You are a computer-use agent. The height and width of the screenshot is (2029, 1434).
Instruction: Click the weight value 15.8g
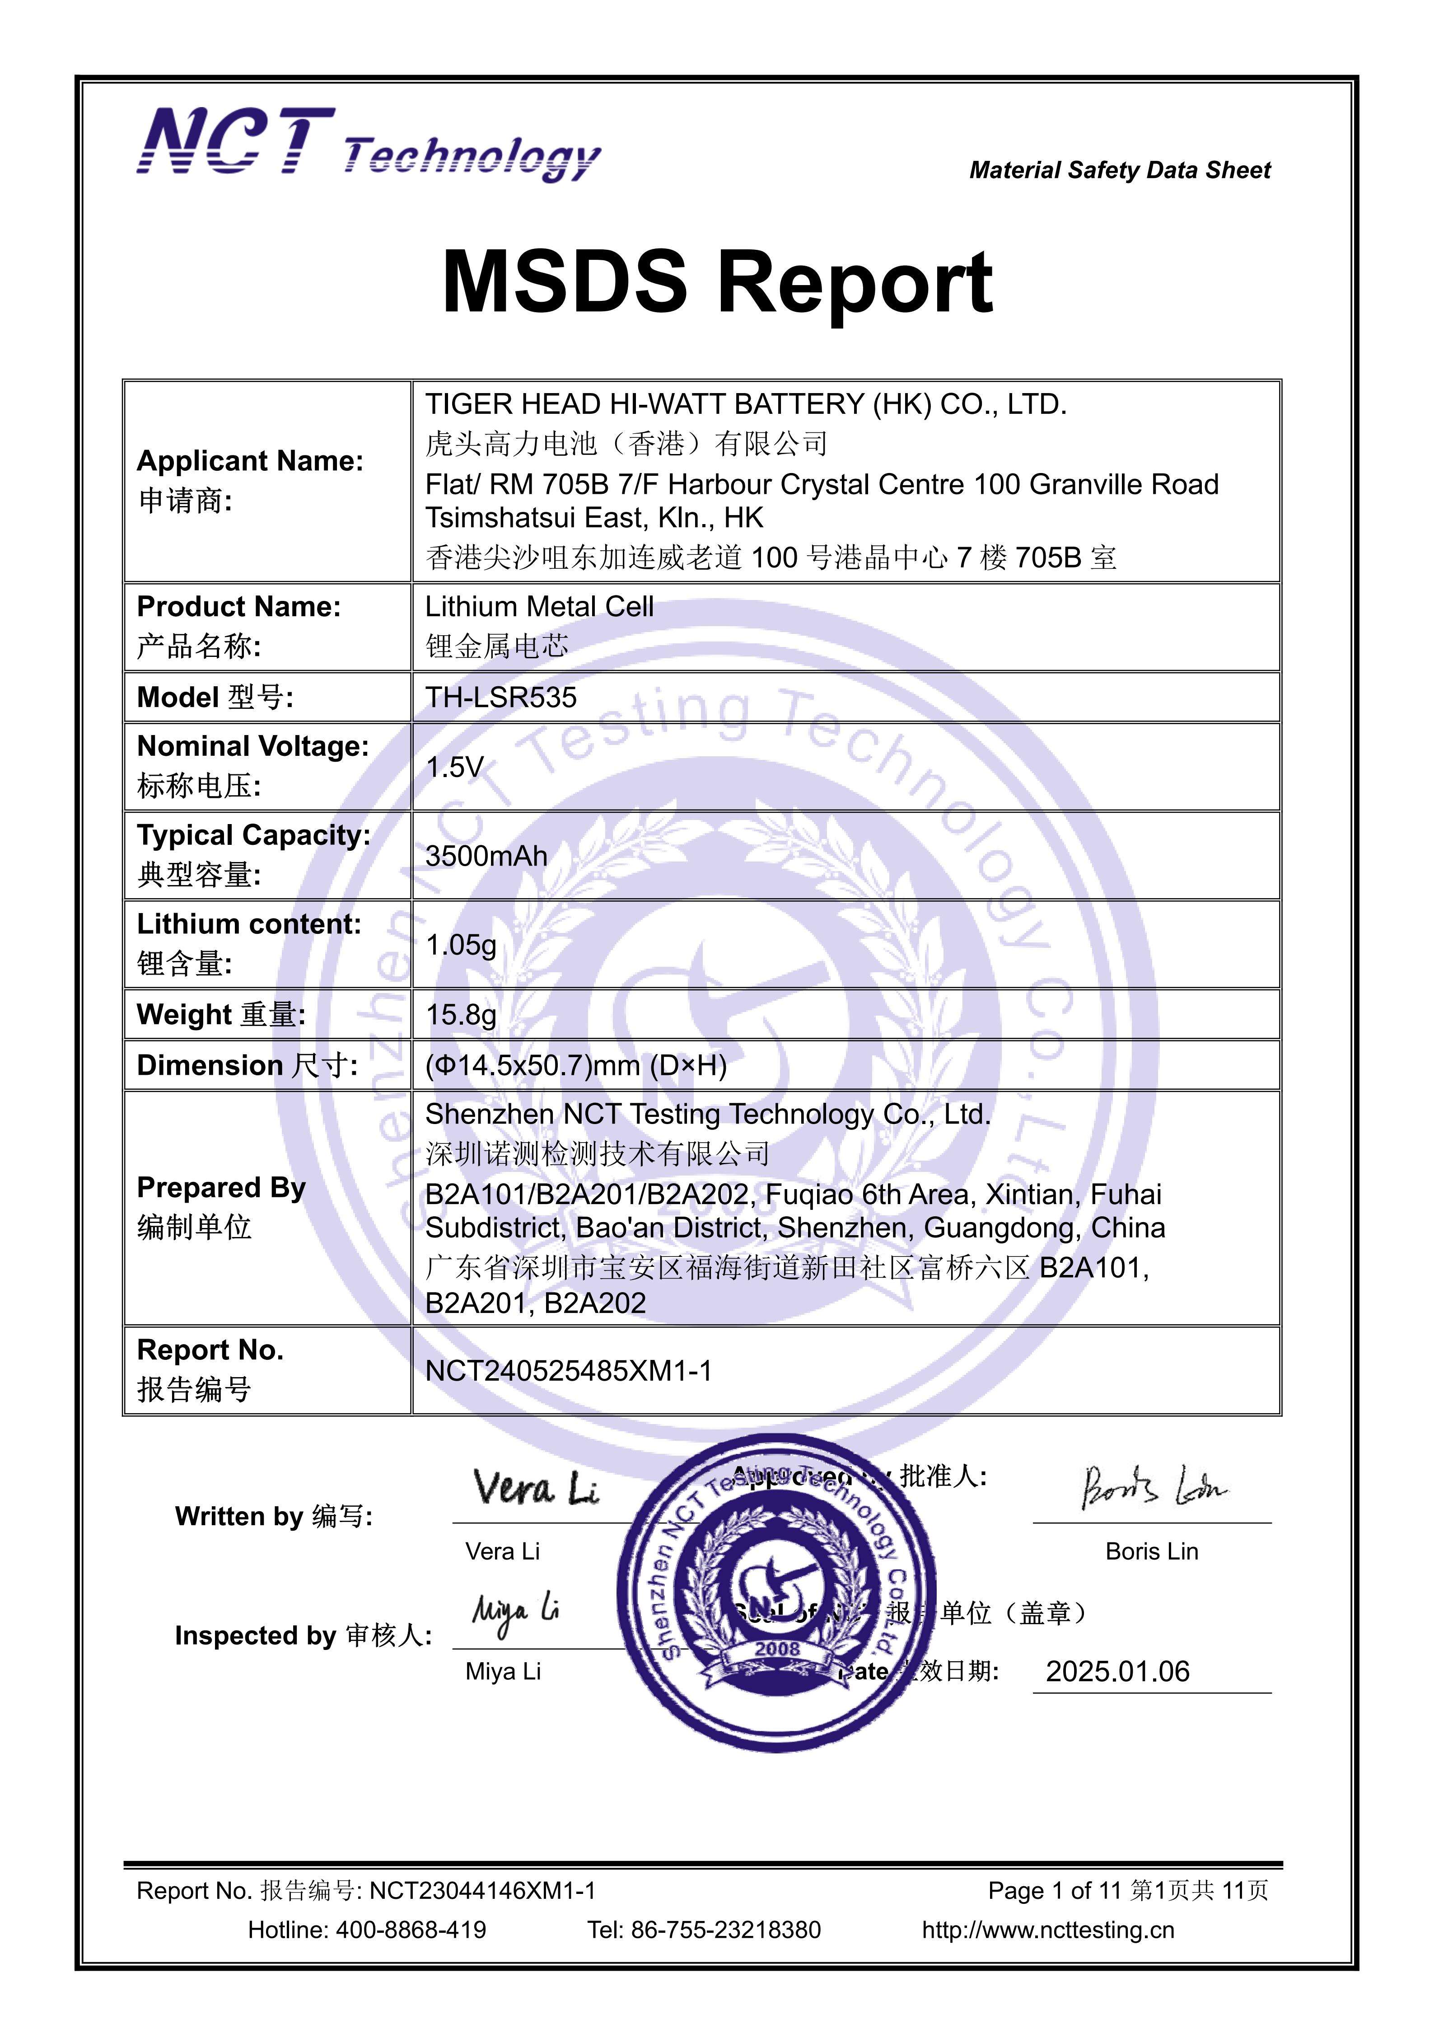pyautogui.click(x=460, y=1015)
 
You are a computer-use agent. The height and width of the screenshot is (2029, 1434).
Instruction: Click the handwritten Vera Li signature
pyautogui.click(x=535, y=1489)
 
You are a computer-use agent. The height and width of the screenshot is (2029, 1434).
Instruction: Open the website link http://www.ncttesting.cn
pyautogui.click(x=1048, y=1929)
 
